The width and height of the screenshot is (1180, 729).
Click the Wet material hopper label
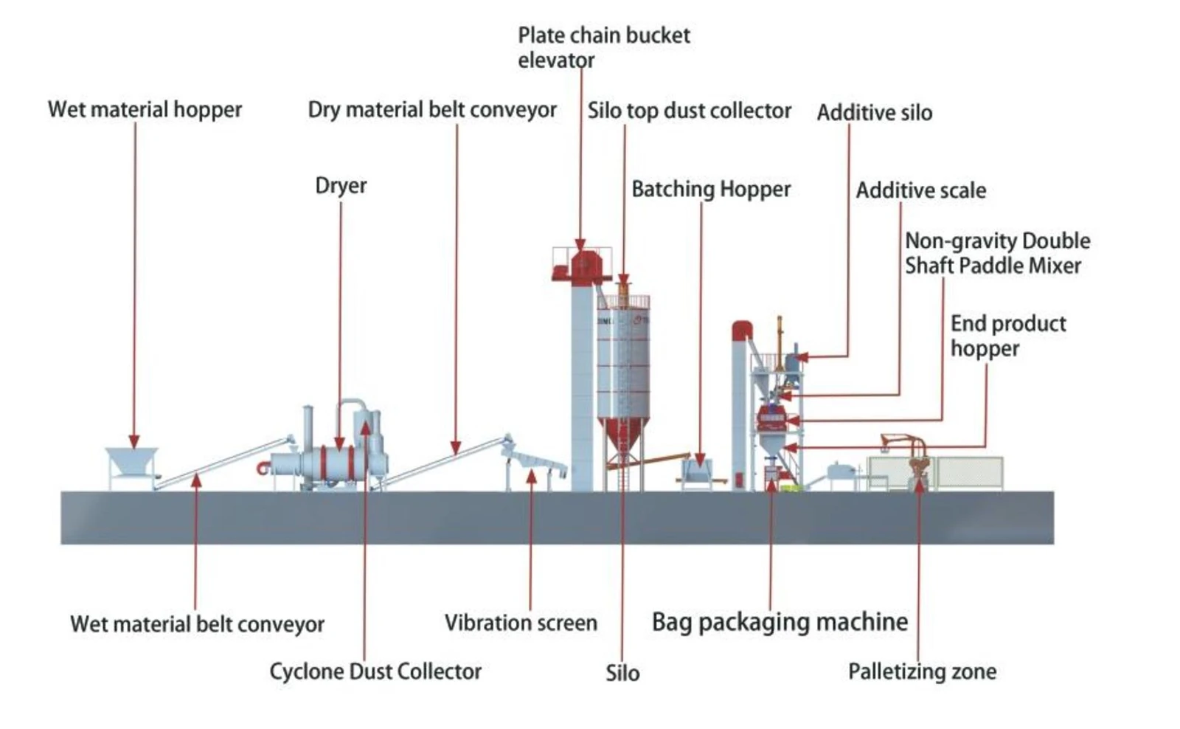pyautogui.click(x=145, y=110)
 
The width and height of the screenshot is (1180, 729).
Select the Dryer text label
pyautogui.click(x=341, y=186)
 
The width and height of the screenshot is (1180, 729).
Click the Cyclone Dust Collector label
pyautogui.click(x=375, y=671)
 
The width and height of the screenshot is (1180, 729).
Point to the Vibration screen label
pyautogui.click(x=521, y=623)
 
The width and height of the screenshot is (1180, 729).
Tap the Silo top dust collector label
pyautogui.click(x=690, y=111)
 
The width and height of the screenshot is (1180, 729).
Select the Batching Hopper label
pyautogui.click(x=711, y=189)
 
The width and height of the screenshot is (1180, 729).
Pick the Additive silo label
pyautogui.click(x=875, y=113)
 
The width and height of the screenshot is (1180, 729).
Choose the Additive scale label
pyautogui.click(x=921, y=190)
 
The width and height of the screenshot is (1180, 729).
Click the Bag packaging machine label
pyautogui.click(x=780, y=622)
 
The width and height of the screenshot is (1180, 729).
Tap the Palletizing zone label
pyautogui.click(x=923, y=671)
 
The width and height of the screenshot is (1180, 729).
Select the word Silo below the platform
pyautogui.click(x=622, y=673)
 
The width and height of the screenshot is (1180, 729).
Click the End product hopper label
pyautogui.click(x=1008, y=336)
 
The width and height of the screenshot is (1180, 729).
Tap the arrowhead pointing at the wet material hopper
pyautogui.click(x=134, y=442)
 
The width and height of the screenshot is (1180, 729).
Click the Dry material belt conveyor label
pyautogui.click(x=432, y=110)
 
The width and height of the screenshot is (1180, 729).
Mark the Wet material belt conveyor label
pyautogui.click(x=198, y=625)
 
